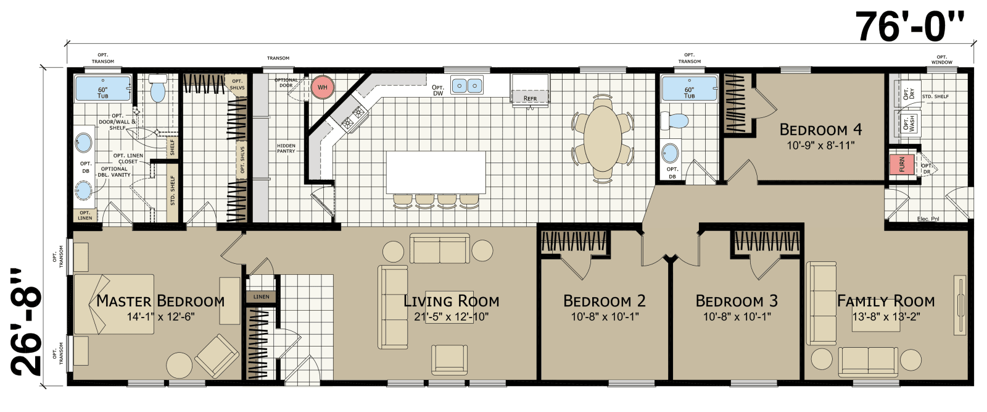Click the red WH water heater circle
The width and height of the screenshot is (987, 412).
click(322, 87)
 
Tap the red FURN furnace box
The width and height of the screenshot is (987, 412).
click(901, 164)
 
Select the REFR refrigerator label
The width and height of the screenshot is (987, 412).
click(530, 98)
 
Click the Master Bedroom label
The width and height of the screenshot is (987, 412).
click(160, 301)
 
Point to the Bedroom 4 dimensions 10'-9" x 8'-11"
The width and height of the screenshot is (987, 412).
click(820, 146)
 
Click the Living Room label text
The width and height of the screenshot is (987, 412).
click(451, 301)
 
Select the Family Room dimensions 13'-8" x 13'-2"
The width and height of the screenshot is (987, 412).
click(886, 317)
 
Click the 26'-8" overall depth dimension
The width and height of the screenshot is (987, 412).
click(27, 321)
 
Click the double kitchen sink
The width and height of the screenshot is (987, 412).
click(466, 85)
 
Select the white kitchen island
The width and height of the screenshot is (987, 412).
click(436, 172)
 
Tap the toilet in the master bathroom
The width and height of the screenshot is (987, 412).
click(159, 90)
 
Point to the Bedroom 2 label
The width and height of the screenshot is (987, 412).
click(604, 301)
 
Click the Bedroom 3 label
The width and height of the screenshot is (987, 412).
click(737, 301)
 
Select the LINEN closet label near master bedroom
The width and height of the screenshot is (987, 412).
click(261, 297)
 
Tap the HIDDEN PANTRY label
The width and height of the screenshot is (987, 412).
click(286, 148)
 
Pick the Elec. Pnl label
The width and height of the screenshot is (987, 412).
click(927, 219)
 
